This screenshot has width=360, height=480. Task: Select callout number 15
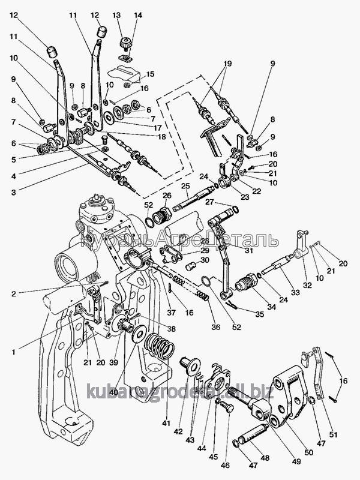pyautogui.click(x=149, y=74)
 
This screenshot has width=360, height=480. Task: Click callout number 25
pyautogui.click(x=185, y=185)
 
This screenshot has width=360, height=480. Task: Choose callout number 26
pyautogui.click(x=166, y=195)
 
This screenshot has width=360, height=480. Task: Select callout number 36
pyautogui.click(x=215, y=327)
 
